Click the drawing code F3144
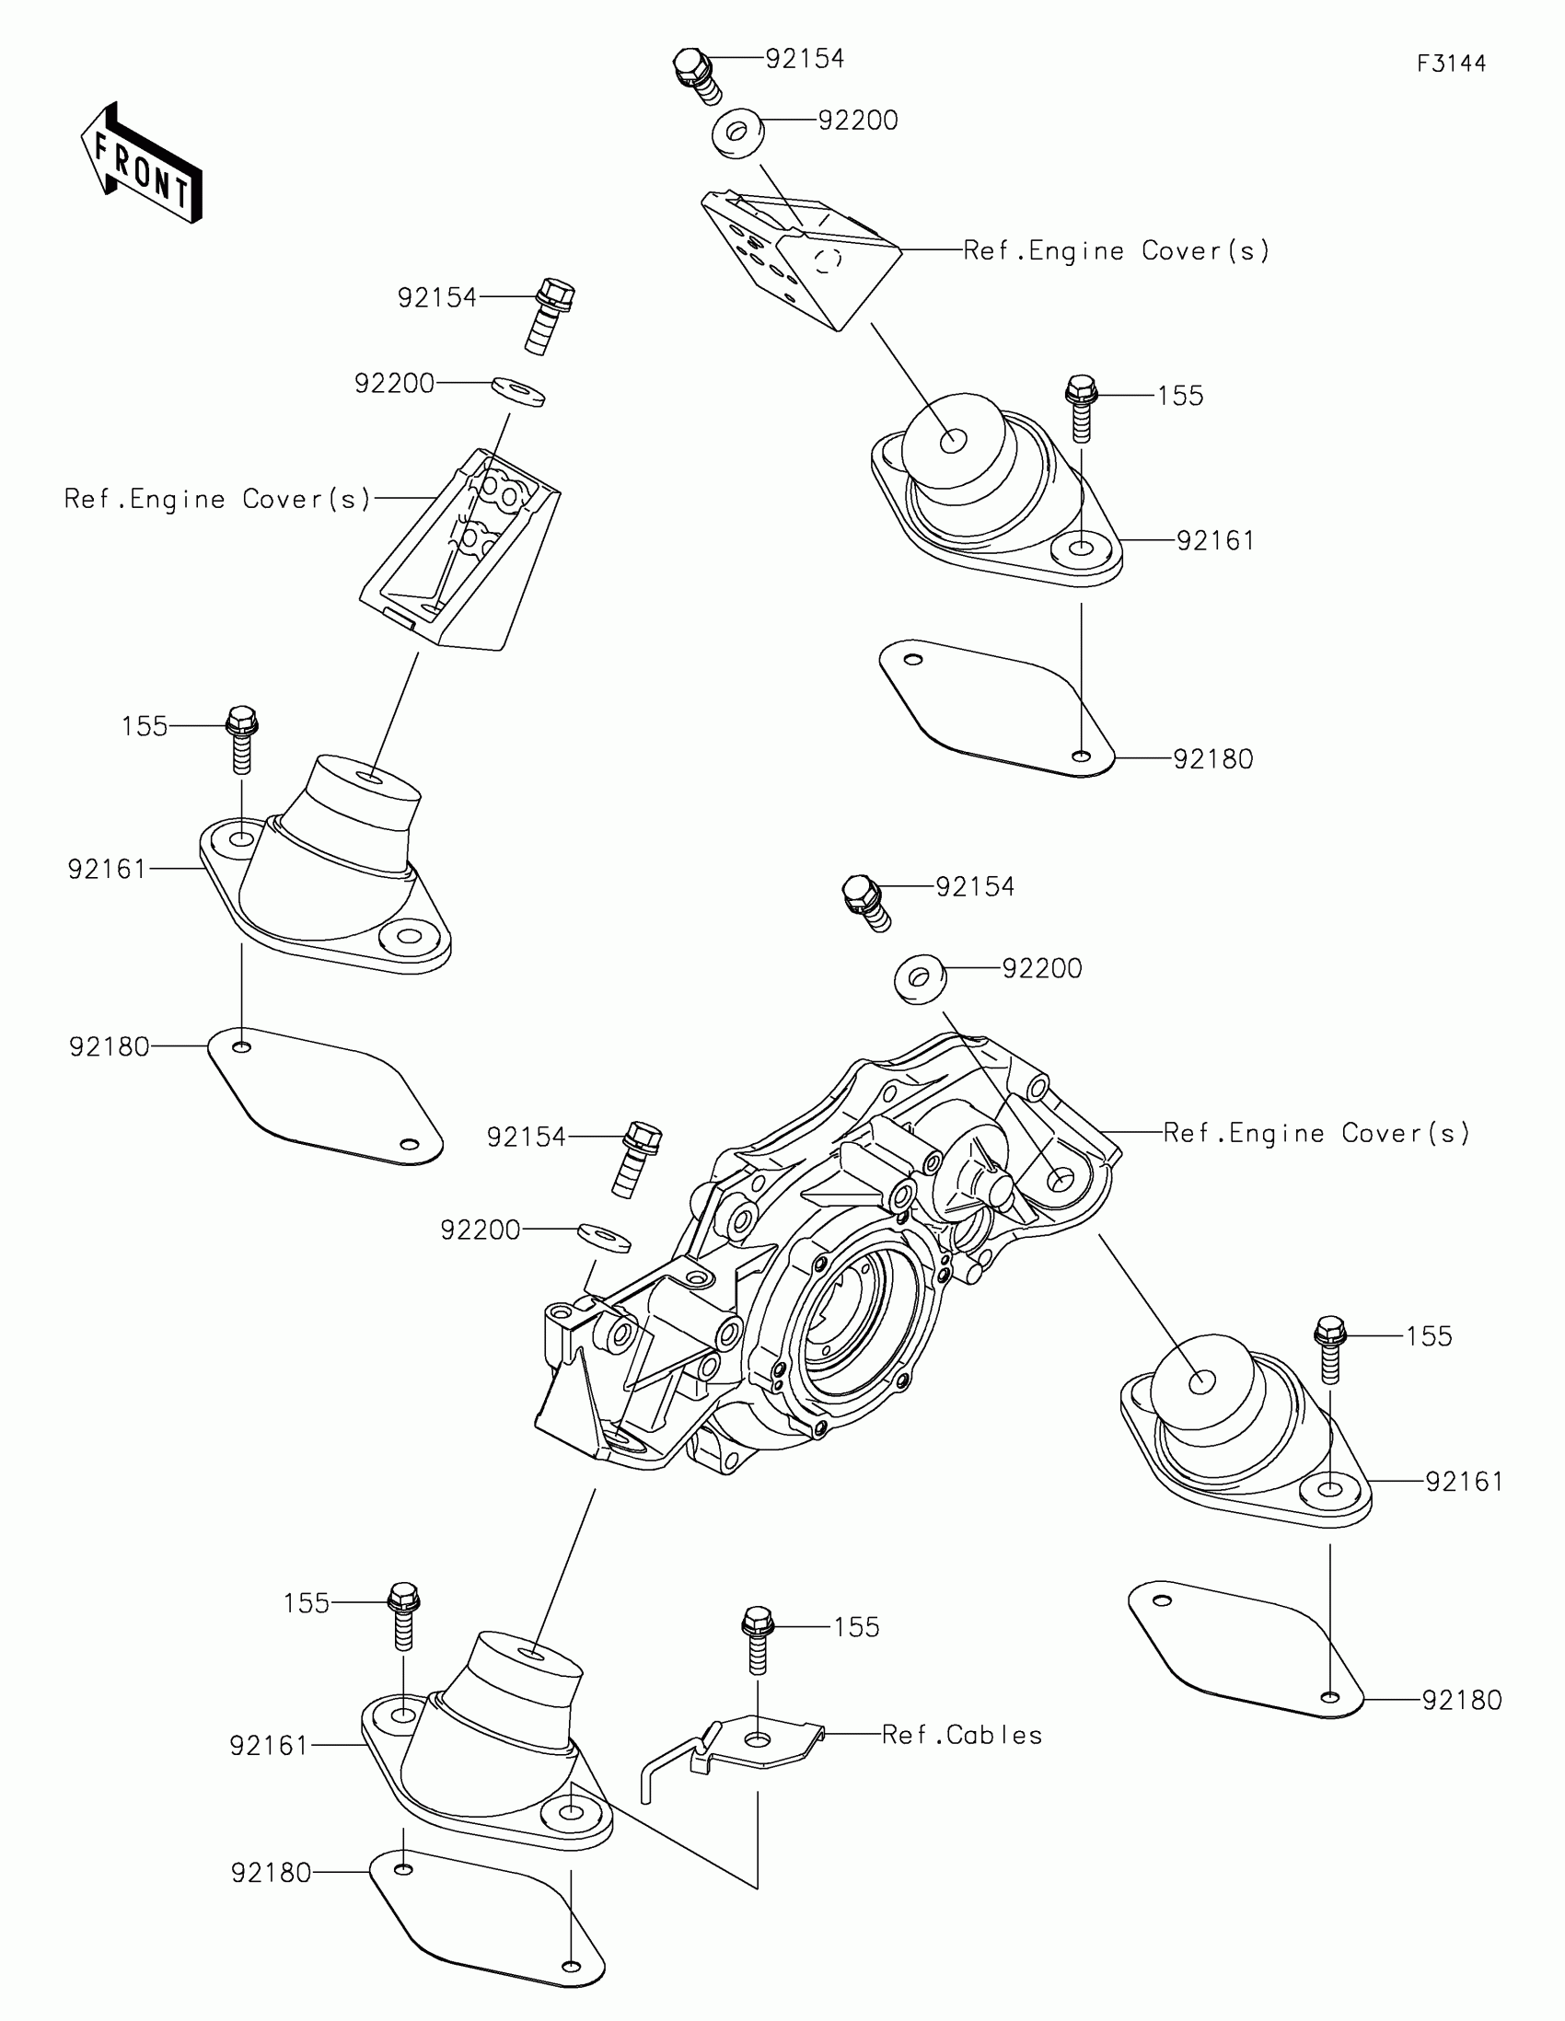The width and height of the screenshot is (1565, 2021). click(x=1450, y=64)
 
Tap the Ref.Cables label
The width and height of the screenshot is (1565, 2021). click(x=962, y=1735)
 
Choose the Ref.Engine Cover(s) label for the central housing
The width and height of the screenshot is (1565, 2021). click(x=1316, y=1133)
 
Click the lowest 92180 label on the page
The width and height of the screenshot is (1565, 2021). click(x=271, y=1873)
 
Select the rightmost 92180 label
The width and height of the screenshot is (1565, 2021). click(x=1461, y=1699)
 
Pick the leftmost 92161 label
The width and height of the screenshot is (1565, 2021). click(x=108, y=869)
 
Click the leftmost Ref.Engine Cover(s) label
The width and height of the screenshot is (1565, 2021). click(x=217, y=500)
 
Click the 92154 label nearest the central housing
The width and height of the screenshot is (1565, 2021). click(x=526, y=1138)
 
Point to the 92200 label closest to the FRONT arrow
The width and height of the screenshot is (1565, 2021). click(x=394, y=383)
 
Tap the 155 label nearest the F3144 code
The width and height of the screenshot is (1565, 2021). click(x=1180, y=396)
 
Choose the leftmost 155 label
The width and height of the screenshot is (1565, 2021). click(x=145, y=725)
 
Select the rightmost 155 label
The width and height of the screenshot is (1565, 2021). click(x=1429, y=1336)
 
